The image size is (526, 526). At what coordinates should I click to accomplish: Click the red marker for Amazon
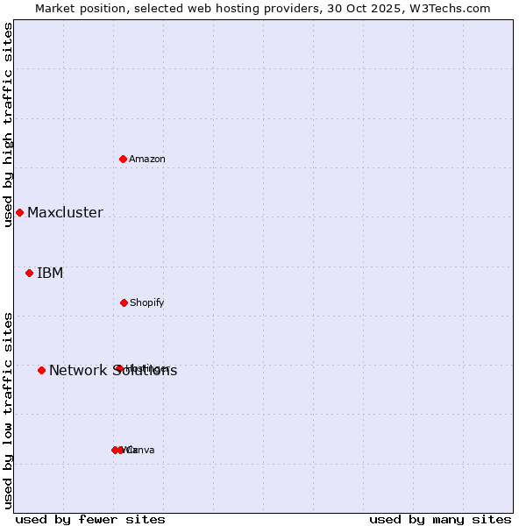click(124, 159)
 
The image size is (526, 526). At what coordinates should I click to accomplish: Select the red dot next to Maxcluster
click(19, 212)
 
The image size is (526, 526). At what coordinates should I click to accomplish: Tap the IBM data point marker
click(29, 273)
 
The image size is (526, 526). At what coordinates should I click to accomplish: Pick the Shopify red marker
click(124, 302)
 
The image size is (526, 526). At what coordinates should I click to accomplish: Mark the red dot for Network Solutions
click(41, 370)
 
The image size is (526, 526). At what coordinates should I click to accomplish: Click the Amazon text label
click(147, 159)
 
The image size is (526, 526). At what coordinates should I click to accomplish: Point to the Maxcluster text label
click(65, 212)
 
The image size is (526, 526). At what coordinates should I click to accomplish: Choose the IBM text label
click(50, 273)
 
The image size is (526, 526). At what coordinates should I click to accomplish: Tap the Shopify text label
click(147, 302)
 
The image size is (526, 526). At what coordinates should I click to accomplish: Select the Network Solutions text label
click(113, 370)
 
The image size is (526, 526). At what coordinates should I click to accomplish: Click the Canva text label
click(140, 450)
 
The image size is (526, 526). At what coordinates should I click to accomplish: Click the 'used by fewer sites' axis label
click(90, 519)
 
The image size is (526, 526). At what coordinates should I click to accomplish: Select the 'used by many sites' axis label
click(440, 519)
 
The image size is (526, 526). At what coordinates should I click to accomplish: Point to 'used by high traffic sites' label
click(8, 124)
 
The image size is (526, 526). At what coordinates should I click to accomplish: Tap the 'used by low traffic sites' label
click(8, 410)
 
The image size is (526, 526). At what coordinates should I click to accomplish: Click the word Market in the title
click(55, 8)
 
